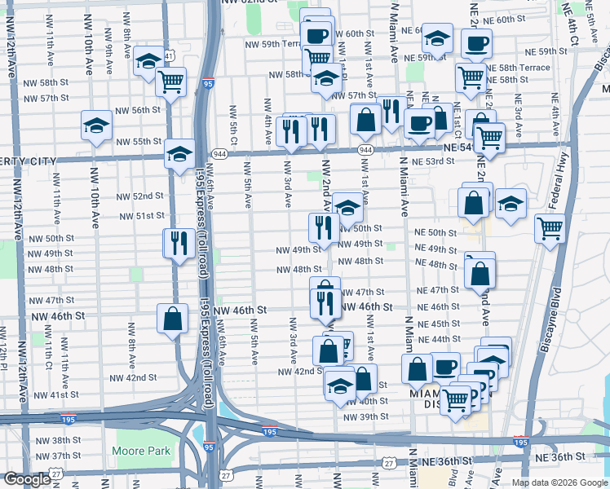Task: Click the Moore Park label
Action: pos(141,451)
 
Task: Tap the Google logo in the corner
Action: pos(29,479)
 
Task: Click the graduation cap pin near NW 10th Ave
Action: pos(96,126)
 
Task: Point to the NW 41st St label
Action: pos(57,394)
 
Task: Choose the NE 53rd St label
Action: pos(432,161)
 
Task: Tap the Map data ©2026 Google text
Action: pos(559,482)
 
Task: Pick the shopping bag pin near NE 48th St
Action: pos(480,275)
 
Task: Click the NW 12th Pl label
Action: pos(4,359)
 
